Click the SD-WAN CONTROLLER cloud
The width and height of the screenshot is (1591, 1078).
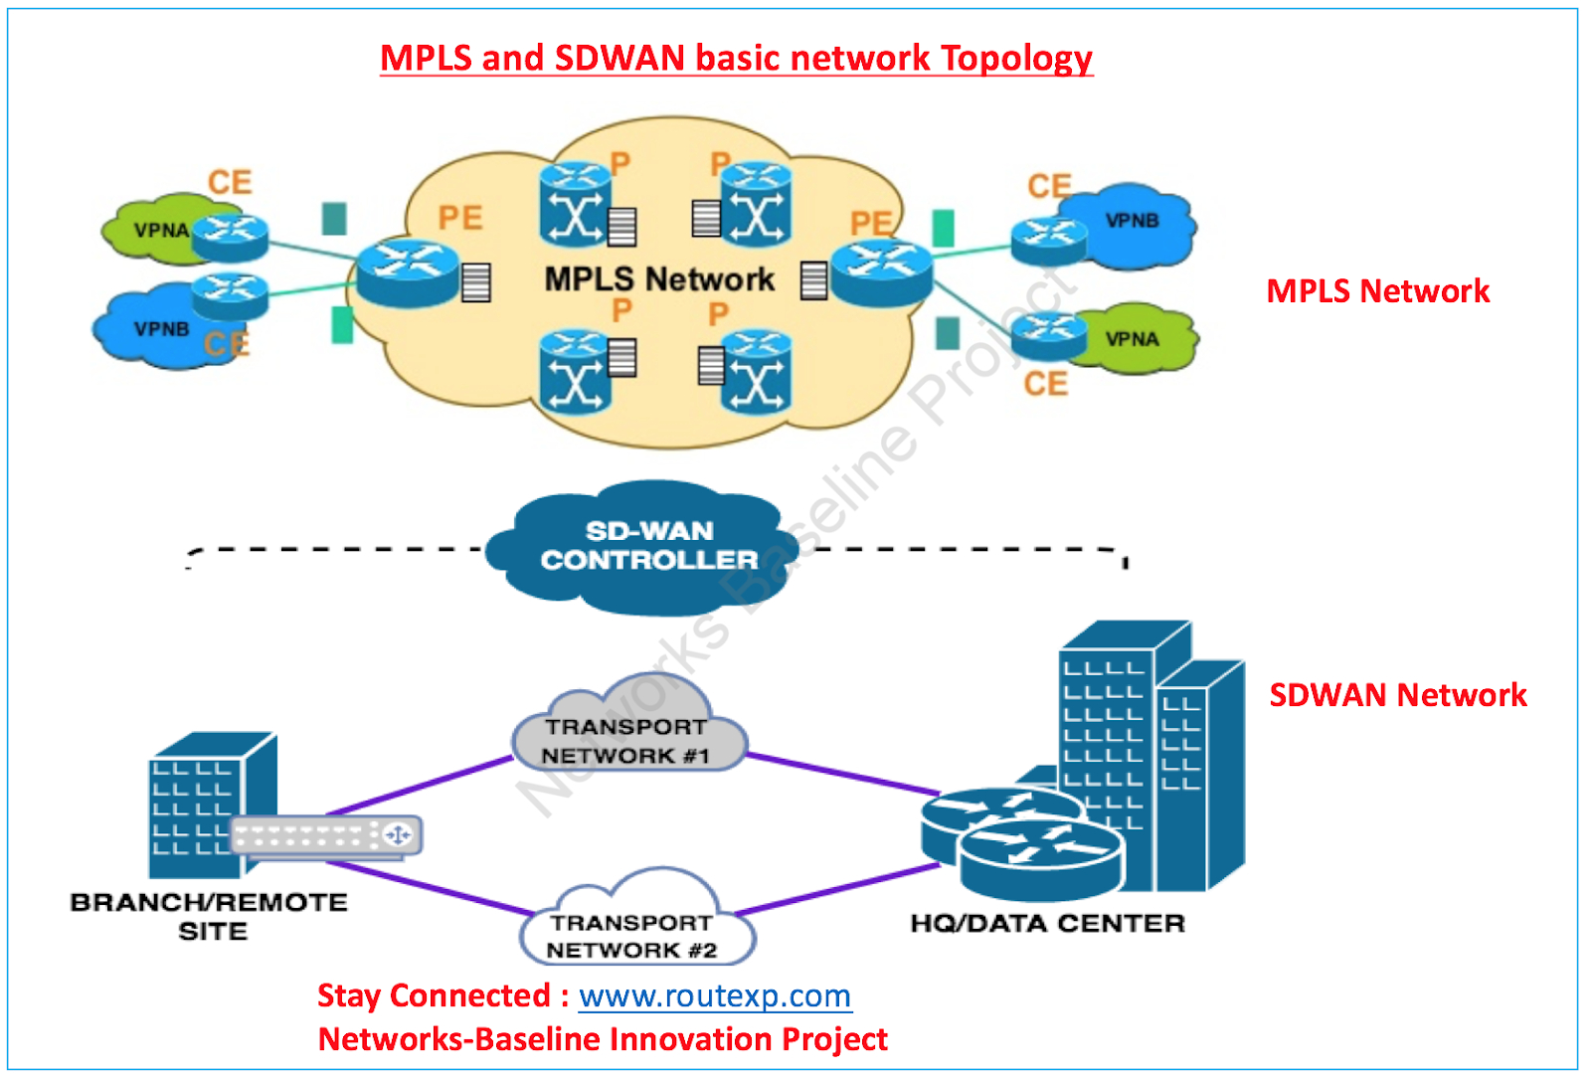coord(642,548)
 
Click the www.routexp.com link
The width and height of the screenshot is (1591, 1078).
coord(715,995)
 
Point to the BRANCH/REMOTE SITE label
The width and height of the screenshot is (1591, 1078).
coord(209,916)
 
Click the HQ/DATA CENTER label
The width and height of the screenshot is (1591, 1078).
coord(1048,923)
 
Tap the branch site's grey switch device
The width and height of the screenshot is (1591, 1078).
coord(326,835)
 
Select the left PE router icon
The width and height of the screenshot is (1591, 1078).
coord(408,273)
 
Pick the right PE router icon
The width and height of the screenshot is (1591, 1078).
coord(881,273)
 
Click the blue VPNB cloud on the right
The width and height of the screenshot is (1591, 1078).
coord(1130,226)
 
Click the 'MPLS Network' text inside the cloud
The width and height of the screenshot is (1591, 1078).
coord(659,279)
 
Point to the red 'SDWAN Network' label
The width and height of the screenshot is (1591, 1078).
coord(1398,695)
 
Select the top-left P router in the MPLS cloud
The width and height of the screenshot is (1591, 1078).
coord(575,205)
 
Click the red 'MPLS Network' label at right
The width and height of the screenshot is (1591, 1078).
coord(1378,291)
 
